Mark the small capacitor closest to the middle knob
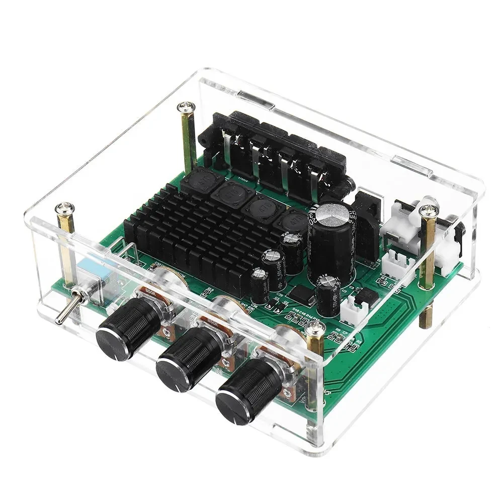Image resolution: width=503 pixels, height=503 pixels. (x=260, y=284)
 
